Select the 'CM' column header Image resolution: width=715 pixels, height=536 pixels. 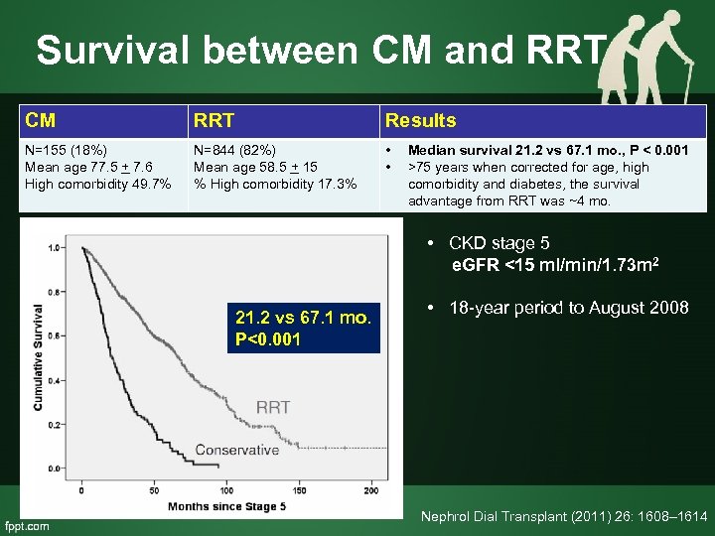[41, 121]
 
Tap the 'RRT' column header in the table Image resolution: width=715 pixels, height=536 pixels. [213, 121]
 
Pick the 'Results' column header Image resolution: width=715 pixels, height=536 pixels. [420, 121]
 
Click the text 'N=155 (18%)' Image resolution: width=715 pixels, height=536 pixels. [68, 150]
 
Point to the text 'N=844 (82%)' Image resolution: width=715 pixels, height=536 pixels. [235, 150]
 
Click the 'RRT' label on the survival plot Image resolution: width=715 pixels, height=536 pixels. [273, 407]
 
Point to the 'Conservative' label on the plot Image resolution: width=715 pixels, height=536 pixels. [236, 450]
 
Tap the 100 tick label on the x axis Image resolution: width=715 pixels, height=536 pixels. [225, 490]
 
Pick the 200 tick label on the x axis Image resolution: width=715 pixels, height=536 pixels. [370, 490]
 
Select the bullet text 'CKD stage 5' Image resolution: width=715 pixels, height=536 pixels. [499, 243]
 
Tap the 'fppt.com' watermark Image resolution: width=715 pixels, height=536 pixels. [27, 525]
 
